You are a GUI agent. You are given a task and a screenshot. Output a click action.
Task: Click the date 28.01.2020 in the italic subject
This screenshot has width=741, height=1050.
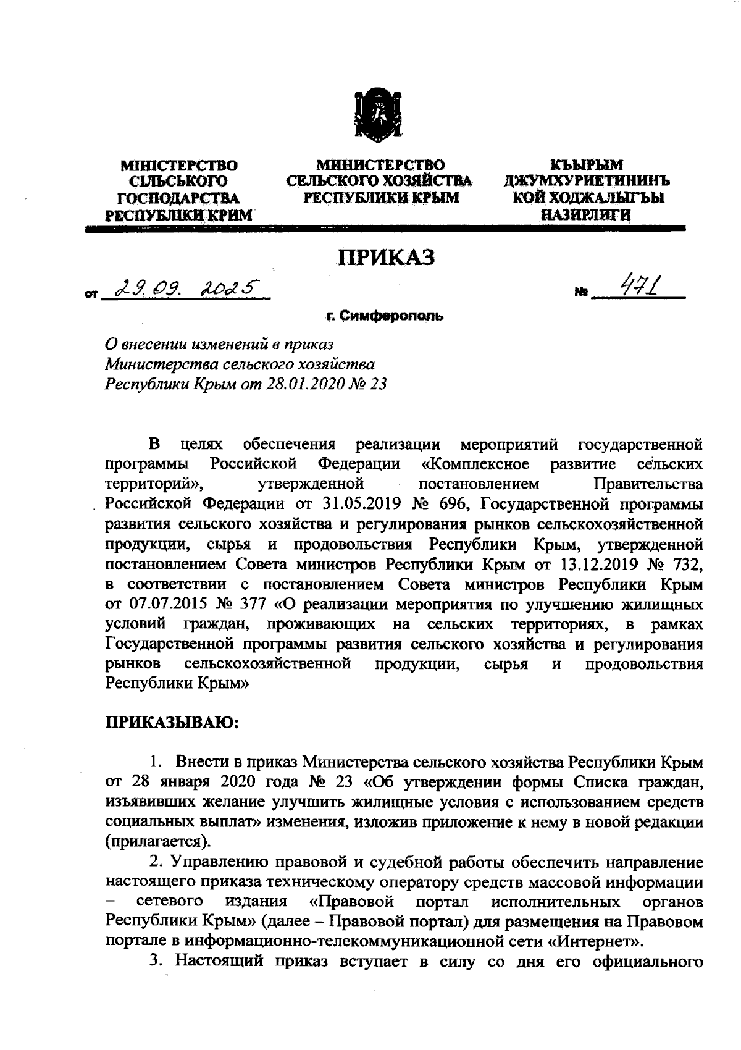(301, 384)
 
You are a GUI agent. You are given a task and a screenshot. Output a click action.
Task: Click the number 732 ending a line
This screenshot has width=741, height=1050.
(683, 564)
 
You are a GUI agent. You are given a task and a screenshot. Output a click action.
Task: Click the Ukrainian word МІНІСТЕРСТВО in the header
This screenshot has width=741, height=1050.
(179, 166)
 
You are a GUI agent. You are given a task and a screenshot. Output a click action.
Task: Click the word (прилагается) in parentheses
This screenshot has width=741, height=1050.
(157, 841)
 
